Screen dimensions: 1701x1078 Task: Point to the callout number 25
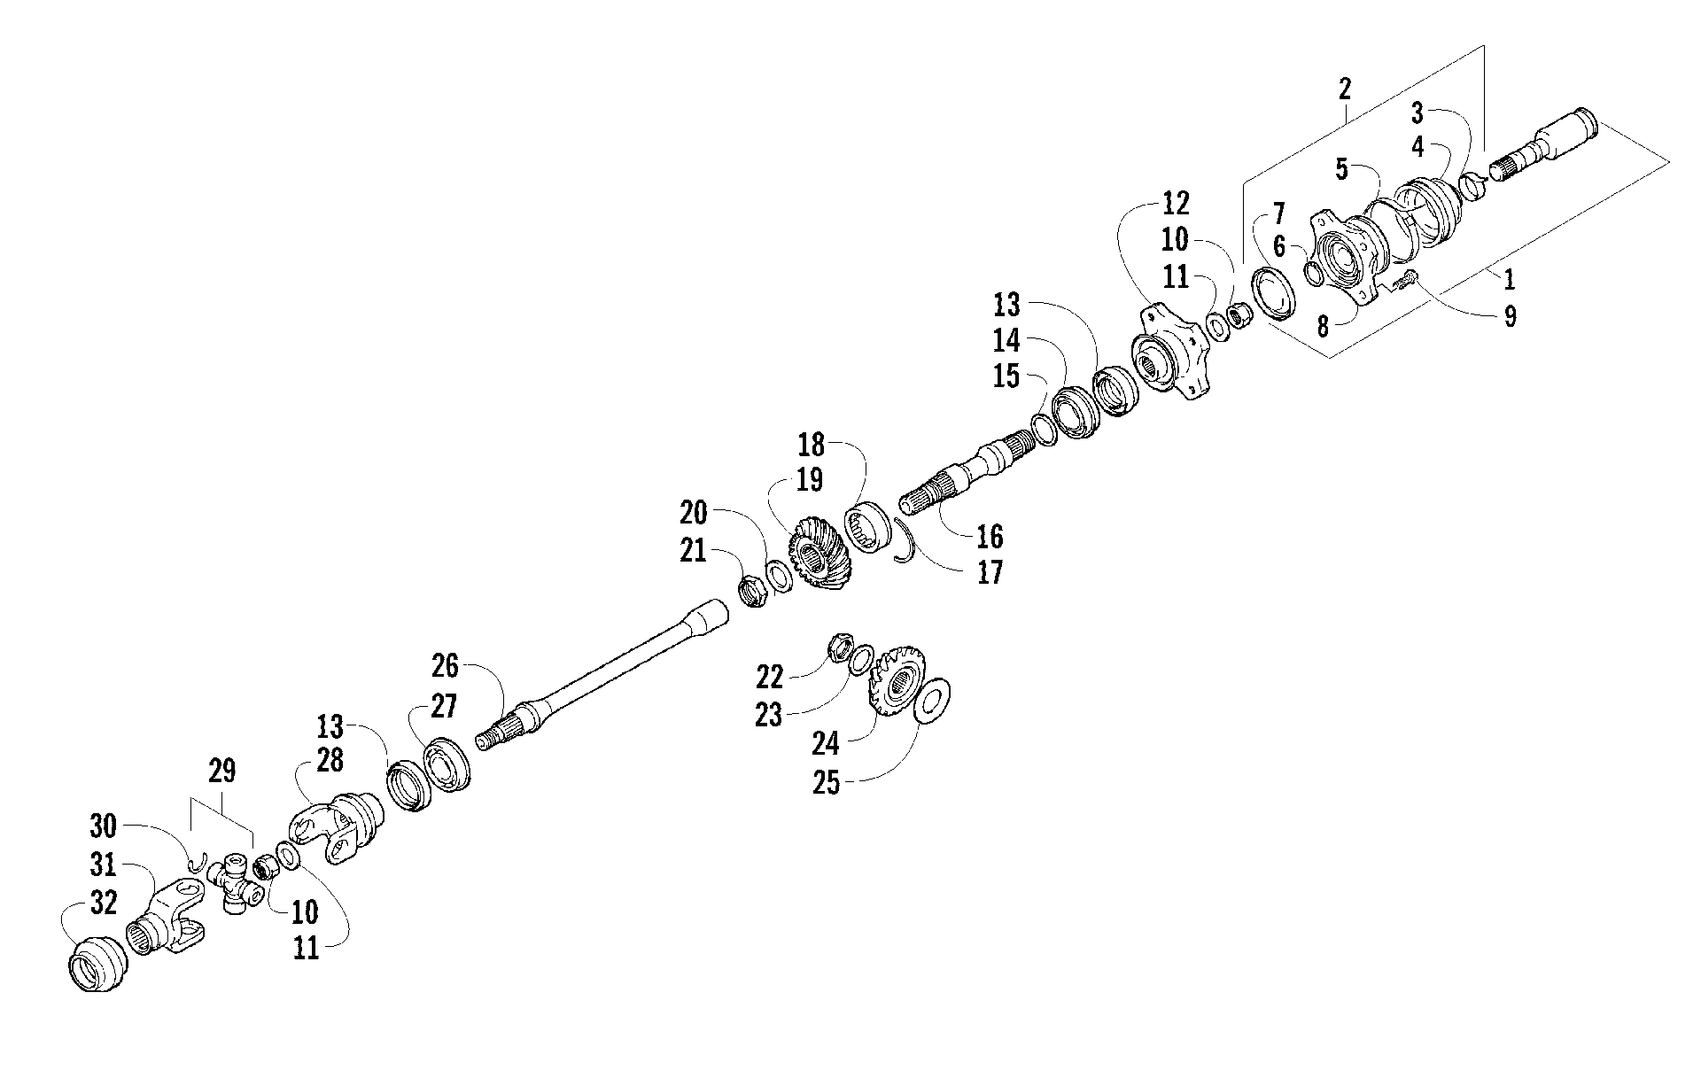pyautogui.click(x=827, y=785)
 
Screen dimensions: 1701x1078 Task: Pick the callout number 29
pyautogui.click(x=222, y=772)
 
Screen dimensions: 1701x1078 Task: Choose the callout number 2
pyautogui.click(x=1345, y=89)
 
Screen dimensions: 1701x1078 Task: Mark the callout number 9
pyautogui.click(x=1510, y=316)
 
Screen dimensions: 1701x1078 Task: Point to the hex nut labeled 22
pyautogui.click(x=839, y=649)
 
